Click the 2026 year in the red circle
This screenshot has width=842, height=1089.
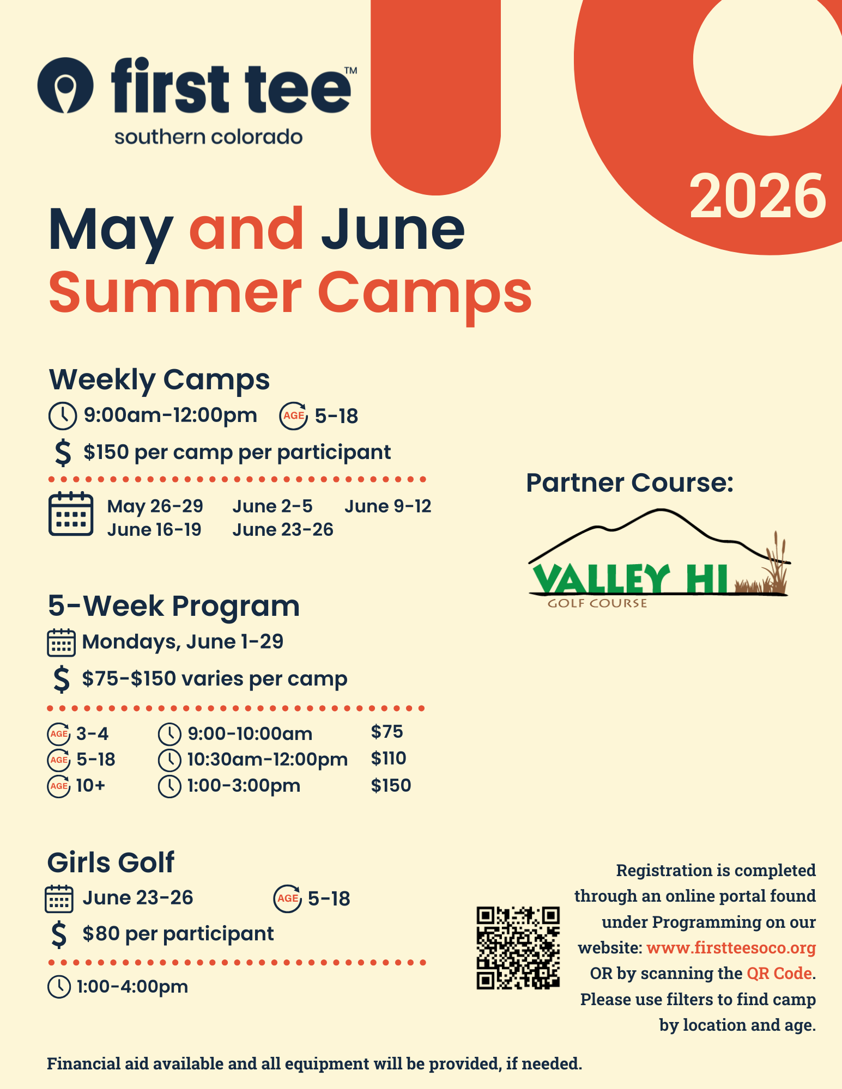(x=758, y=196)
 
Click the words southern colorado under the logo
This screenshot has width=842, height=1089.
(x=208, y=137)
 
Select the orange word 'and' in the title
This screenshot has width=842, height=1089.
(x=246, y=229)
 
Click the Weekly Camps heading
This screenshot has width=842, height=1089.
(x=159, y=380)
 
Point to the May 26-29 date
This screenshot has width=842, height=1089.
(x=155, y=506)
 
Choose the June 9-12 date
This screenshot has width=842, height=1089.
(x=387, y=506)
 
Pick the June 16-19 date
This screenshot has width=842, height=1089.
(x=154, y=530)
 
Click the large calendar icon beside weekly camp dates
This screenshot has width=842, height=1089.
(x=71, y=514)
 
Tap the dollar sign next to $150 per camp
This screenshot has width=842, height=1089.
(x=63, y=452)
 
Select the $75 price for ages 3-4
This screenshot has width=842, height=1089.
(x=387, y=732)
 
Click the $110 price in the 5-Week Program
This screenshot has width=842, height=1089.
(x=389, y=758)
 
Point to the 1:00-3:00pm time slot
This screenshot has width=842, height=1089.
(x=244, y=786)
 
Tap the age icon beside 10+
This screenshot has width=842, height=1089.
(x=59, y=786)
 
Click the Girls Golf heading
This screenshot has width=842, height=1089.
(x=111, y=862)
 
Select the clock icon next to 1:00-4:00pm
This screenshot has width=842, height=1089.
(x=59, y=987)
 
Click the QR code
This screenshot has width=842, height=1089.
(x=518, y=948)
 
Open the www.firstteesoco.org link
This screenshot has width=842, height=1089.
(x=731, y=948)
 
